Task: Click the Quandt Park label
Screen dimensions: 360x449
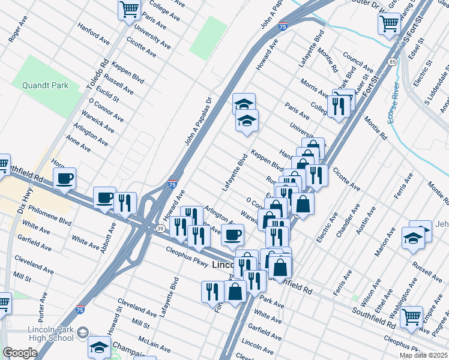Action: pyautogui.click(x=45, y=85)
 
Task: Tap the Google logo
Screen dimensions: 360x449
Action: pyautogui.click(x=19, y=353)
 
